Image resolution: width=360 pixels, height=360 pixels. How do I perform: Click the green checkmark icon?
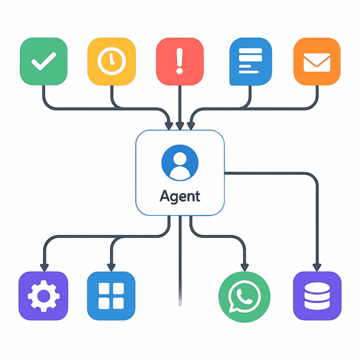coord(44,61)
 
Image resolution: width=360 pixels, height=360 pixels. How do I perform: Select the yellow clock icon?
coord(111,61)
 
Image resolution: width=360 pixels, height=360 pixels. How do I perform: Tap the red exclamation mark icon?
coord(180,61)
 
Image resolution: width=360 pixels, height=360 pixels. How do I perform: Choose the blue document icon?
coord(250,61)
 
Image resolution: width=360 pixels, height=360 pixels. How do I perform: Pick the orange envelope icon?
coord(317,61)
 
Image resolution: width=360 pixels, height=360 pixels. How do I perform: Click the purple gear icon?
coord(44,296)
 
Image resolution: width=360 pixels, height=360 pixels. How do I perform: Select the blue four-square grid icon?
coord(111,296)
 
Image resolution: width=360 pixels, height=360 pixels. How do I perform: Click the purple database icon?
coord(317,296)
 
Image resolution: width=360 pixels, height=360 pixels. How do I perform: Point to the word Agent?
coord(180,196)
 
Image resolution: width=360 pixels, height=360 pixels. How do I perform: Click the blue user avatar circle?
coord(180,162)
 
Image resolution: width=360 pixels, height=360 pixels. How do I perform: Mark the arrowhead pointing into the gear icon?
coord(44,267)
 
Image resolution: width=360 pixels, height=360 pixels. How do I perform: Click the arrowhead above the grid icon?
coord(111,267)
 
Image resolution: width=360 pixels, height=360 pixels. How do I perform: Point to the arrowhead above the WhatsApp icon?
coord(244,267)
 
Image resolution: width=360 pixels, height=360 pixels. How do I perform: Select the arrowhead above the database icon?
coord(317,267)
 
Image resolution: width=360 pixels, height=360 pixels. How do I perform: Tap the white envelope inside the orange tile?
coord(317,62)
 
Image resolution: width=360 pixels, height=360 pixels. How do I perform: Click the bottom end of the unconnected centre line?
coord(180,304)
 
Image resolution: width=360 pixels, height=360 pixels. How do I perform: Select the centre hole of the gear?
coord(44,296)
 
